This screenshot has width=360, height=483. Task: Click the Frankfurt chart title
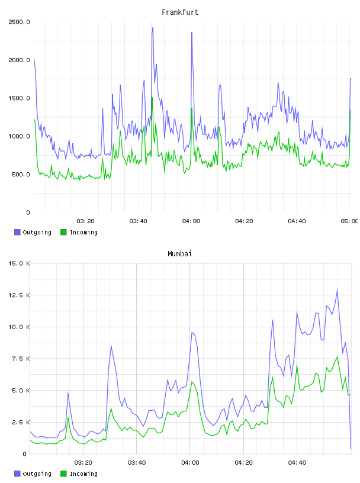click(180, 12)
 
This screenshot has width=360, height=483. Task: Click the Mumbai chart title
click(179, 254)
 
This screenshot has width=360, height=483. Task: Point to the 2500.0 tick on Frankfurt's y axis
click(19, 22)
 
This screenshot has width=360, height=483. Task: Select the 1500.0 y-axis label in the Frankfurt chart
click(19, 98)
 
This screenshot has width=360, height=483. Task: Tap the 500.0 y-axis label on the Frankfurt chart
click(21, 175)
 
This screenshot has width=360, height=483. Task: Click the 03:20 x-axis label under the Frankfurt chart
click(85, 221)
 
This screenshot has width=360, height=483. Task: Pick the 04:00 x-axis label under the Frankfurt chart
click(191, 221)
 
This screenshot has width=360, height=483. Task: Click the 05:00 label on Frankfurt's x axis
click(349, 221)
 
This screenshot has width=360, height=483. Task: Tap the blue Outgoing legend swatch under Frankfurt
click(17, 232)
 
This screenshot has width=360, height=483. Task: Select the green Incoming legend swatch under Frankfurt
click(63, 232)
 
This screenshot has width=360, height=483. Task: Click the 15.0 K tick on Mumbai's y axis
click(19, 263)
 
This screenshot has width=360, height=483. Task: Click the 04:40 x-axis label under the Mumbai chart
click(297, 463)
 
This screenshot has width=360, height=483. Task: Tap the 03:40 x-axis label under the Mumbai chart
click(137, 463)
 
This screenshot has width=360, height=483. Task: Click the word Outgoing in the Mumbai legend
click(37, 474)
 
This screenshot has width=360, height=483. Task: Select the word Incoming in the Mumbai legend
click(83, 474)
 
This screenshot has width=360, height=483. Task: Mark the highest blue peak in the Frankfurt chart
click(153, 28)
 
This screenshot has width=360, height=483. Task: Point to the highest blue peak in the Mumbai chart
click(337, 289)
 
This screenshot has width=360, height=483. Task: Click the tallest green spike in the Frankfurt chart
click(152, 97)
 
